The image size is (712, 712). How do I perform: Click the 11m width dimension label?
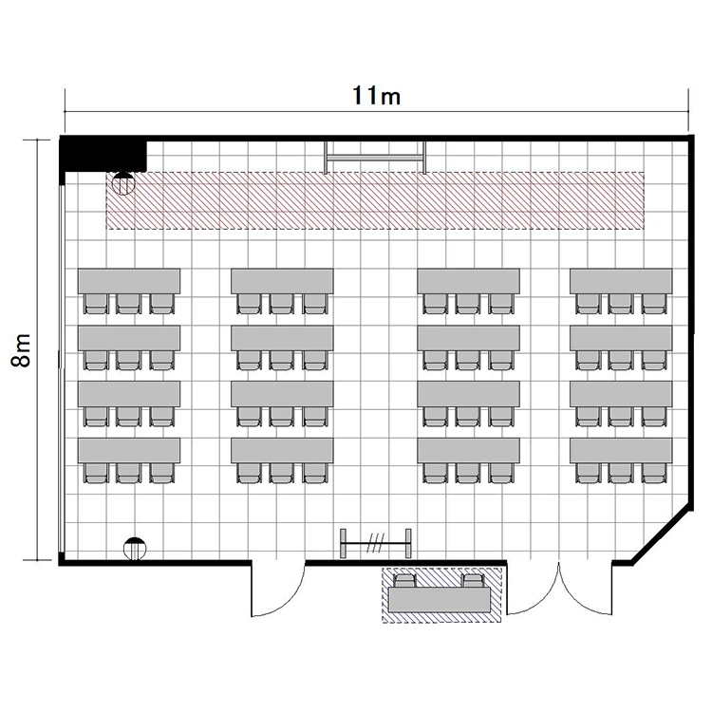(377, 96)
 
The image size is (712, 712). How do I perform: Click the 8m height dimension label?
(21, 349)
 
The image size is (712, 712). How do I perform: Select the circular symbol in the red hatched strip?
(123, 183)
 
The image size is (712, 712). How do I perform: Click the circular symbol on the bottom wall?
(135, 549)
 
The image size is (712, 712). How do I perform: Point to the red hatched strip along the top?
(376, 200)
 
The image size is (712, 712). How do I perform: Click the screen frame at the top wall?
(375, 158)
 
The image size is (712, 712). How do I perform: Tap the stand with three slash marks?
(376, 543)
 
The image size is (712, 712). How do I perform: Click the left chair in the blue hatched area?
(404, 581)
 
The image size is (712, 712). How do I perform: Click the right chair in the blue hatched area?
(473, 581)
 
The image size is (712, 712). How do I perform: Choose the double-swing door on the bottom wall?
(559, 590)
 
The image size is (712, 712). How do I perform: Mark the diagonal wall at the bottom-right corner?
(664, 536)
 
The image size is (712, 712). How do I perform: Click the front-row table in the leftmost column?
(129, 281)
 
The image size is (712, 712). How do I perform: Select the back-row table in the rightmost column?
(621, 450)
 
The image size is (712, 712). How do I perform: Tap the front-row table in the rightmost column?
(621, 281)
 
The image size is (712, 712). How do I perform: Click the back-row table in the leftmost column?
(129, 450)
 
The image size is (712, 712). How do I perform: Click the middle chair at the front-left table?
(129, 304)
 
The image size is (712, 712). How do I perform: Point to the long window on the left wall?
(61, 367)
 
